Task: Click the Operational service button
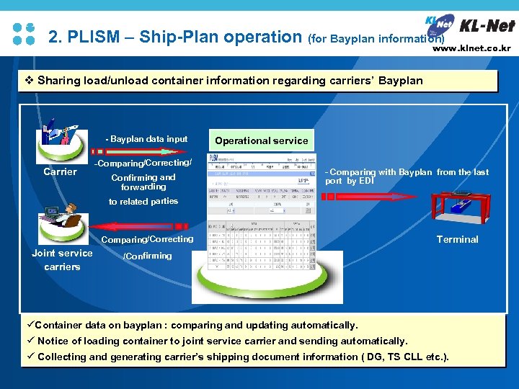pos(261,140)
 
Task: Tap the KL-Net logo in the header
pos(469,27)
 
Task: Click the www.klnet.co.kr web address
pos(471,49)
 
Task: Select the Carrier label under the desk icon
pos(60,171)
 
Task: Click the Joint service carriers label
pos(62,259)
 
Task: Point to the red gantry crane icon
pos(460,210)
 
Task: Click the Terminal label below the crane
pos(457,239)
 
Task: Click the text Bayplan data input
pos(146,139)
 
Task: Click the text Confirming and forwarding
pos(143,182)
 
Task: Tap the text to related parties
pos(143,202)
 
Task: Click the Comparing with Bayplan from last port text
pos(407,176)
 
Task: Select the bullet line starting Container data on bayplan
pos(196,325)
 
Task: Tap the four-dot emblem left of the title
pos(24,34)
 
